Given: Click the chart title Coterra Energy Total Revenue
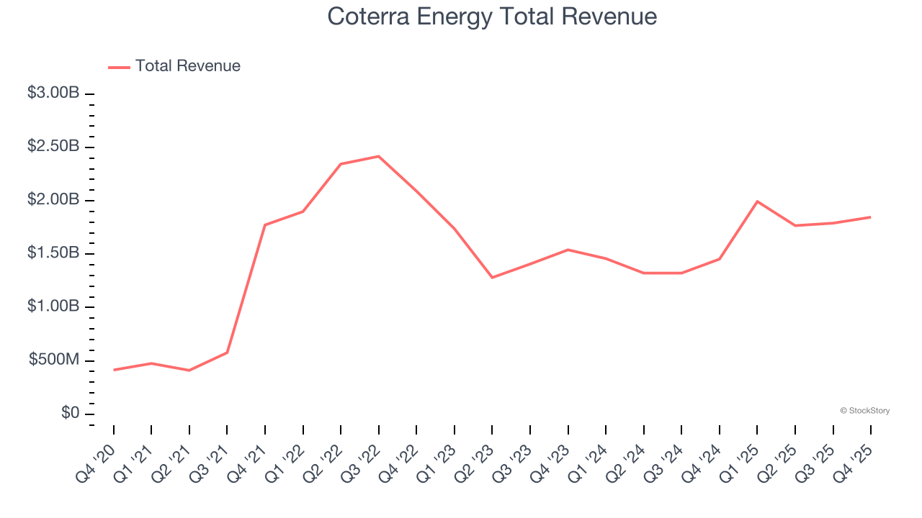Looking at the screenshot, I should pyautogui.click(x=492, y=17).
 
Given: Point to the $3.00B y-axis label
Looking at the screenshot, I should pyautogui.click(x=53, y=93).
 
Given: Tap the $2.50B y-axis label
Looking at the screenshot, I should pyautogui.click(x=53, y=146).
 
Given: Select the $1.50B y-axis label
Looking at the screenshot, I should pyautogui.click(x=53, y=253).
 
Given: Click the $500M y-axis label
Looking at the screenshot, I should pyautogui.click(x=54, y=360).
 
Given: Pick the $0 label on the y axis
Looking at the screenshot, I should pyautogui.click(x=71, y=413).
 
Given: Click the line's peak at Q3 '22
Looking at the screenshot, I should pyautogui.click(x=379, y=156).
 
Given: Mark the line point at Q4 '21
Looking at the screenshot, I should pyautogui.click(x=265, y=225).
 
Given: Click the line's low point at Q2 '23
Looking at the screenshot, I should pyautogui.click(x=492, y=278).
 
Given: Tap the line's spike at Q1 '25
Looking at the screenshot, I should pyautogui.click(x=757, y=201).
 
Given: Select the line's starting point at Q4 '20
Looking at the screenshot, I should pyautogui.click(x=114, y=370).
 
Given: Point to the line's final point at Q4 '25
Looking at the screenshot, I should pyautogui.click(x=870, y=217).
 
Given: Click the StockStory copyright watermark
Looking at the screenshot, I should pyautogui.click(x=864, y=411).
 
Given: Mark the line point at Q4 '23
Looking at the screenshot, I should pyautogui.click(x=568, y=250).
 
